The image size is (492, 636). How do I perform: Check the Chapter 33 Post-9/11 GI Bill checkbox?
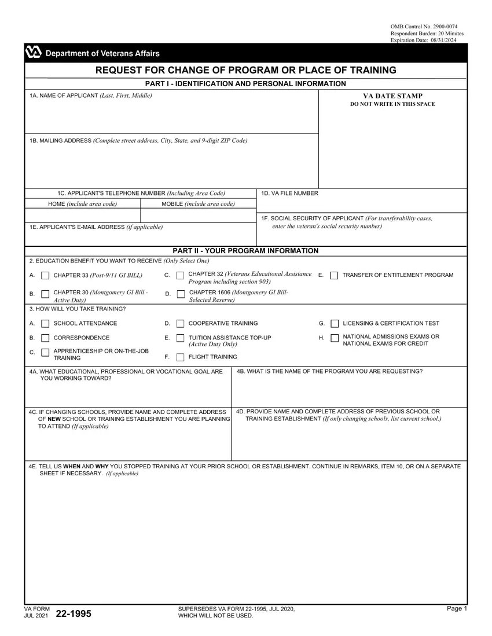tap(45, 276)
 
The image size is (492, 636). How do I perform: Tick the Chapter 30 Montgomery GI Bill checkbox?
tap(45, 295)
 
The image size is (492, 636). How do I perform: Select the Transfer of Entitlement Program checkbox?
tap(334, 276)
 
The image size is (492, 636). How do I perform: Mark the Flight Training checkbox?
tap(180, 357)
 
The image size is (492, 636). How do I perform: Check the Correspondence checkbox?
tap(45, 338)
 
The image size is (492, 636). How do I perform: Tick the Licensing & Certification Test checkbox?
tap(334, 324)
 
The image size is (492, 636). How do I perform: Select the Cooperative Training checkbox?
tap(180, 324)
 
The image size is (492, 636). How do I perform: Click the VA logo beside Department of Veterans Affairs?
tap(34, 53)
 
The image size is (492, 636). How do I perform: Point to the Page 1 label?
tap(456, 609)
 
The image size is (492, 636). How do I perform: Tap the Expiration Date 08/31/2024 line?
tap(423, 40)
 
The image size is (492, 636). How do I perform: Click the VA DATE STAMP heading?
tap(392, 96)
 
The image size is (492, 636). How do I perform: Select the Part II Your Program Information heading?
tap(245, 251)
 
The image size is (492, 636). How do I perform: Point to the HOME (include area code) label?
tap(82, 204)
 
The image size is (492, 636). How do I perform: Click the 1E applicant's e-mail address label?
tap(96, 228)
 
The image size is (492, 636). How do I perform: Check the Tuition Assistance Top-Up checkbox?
tap(180, 338)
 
